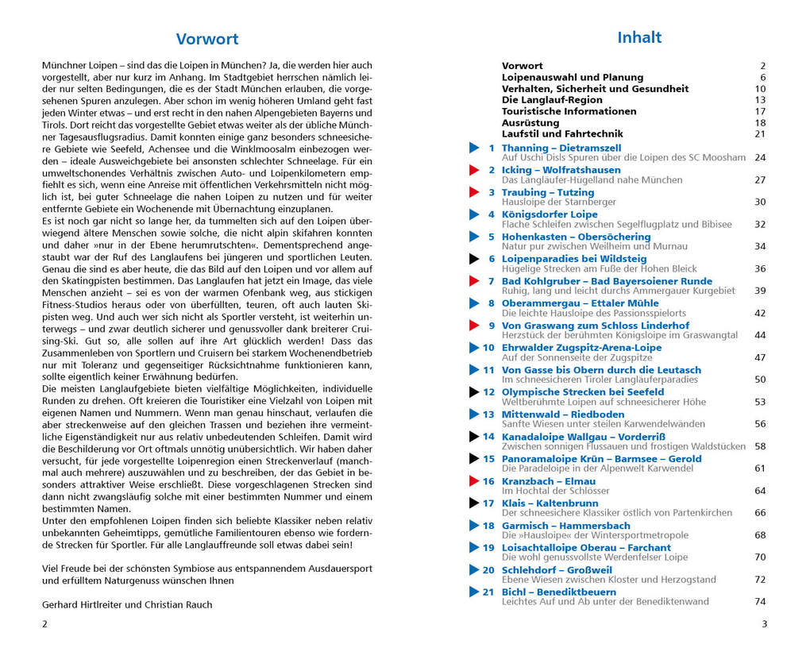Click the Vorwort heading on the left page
(x=206, y=39)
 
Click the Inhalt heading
(x=639, y=37)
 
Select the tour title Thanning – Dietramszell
(x=561, y=148)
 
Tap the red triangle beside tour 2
(x=474, y=170)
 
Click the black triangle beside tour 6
(x=474, y=259)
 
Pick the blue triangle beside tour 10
(x=474, y=348)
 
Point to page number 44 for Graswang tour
(x=760, y=335)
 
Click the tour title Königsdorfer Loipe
(x=550, y=214)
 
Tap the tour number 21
(x=488, y=592)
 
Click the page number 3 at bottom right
(x=764, y=624)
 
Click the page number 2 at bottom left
(x=44, y=624)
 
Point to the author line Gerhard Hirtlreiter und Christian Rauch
(x=127, y=604)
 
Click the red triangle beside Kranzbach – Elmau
(x=474, y=480)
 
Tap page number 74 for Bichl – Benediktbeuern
(x=760, y=601)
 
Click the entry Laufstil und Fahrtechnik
(x=551, y=134)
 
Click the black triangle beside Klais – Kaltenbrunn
(x=474, y=503)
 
